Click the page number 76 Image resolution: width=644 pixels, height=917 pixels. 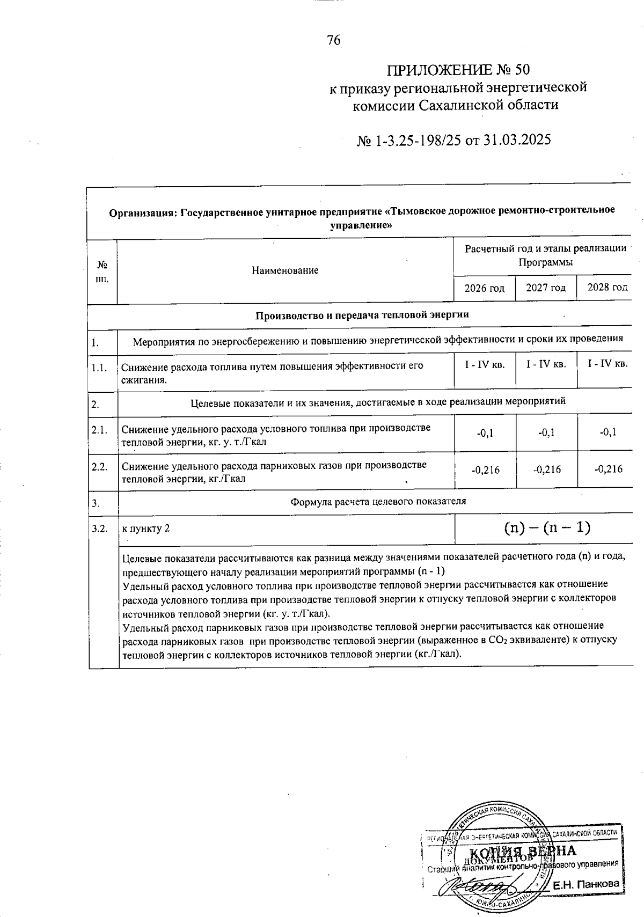(x=333, y=40)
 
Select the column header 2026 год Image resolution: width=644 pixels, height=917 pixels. (x=484, y=288)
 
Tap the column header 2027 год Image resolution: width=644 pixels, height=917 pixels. (x=546, y=288)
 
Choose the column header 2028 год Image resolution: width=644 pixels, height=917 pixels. (x=607, y=288)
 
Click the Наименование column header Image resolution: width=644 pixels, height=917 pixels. (x=285, y=270)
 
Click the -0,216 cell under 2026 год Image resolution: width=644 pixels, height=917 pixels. (x=485, y=470)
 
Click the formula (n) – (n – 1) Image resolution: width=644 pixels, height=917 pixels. (x=547, y=528)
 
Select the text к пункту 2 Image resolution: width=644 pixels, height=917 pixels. (x=146, y=529)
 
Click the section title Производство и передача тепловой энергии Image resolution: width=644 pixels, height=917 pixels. (x=362, y=314)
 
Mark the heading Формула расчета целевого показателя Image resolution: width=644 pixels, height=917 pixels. (x=378, y=502)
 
